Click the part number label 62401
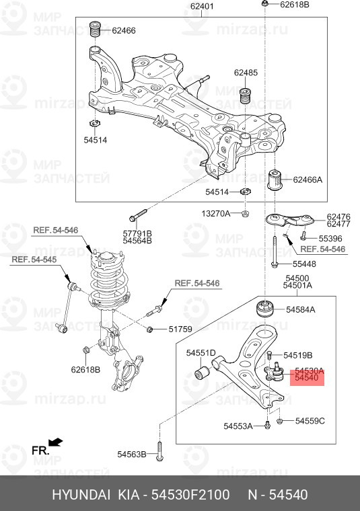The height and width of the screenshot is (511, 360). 202,6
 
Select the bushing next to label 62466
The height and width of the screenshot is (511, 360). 96,30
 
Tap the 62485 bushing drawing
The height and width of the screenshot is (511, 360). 245,95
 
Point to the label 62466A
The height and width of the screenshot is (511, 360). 308,180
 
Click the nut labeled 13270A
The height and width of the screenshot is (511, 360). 246,214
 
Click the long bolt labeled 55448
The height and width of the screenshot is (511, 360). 275,251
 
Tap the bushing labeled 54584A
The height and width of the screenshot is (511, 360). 264,309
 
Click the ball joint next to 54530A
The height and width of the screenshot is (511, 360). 274,372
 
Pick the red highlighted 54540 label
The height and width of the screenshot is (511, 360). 307,378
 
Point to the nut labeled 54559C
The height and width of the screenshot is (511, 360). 280,422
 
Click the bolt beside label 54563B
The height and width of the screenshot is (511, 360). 159,452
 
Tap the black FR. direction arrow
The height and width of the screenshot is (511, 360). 55,442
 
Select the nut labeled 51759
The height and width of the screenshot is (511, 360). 150,329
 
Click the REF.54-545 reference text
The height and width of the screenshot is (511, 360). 34,260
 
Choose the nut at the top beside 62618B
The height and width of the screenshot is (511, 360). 265,4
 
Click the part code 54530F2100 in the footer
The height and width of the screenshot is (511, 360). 190,495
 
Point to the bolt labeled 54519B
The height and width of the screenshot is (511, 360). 269,354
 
